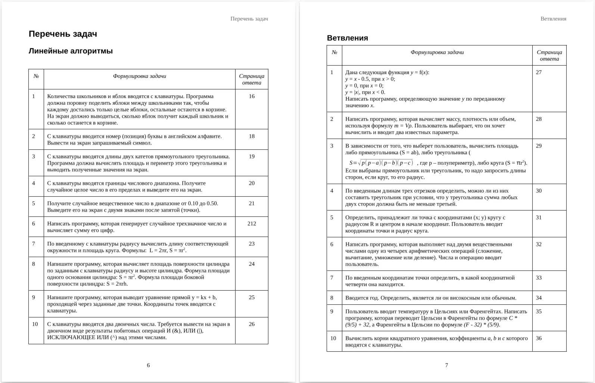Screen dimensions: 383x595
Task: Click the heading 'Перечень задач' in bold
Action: pos(63,34)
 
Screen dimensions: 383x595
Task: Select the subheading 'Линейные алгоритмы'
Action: pos(71,51)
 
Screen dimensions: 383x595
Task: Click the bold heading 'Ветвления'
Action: pos(347,38)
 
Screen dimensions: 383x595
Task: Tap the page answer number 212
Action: pos(252,224)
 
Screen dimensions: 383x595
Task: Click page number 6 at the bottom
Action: pos(148,365)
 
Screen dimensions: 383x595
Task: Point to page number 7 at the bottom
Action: pos(446,365)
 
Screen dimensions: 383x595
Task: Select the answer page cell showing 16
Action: pos(252,96)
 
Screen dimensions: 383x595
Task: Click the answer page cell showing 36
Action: pos(539,338)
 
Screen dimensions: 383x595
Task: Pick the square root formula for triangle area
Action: pos(381,163)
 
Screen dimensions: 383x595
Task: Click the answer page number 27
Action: pos(539,72)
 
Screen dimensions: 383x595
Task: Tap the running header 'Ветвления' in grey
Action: pos(553,19)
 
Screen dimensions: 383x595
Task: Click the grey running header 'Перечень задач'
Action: pos(249,19)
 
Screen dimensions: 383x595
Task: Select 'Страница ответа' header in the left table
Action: pos(252,79)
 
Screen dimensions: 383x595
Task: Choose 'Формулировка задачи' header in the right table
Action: pos(437,53)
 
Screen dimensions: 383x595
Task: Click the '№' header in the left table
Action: pos(36,76)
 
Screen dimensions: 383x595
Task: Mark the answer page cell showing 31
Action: pos(539,218)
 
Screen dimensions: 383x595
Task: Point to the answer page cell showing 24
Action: pos(252,264)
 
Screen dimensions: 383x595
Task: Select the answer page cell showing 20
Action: pos(252,183)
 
